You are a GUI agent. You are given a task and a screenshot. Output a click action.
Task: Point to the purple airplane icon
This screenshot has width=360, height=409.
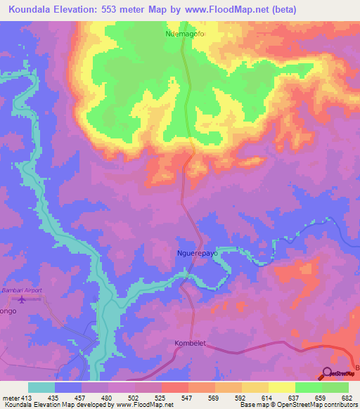click(x=20, y=300)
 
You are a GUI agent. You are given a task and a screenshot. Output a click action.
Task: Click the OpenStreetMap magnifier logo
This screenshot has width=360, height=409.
click(x=328, y=373)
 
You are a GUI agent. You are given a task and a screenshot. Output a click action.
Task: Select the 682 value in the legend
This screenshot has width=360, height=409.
click(x=347, y=397)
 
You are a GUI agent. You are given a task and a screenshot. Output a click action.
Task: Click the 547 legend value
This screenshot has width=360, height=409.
click(x=188, y=397)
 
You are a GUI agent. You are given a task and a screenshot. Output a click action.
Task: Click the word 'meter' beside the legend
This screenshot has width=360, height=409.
click(x=11, y=397)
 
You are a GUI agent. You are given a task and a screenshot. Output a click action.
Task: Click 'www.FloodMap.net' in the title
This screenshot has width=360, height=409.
click(x=227, y=9)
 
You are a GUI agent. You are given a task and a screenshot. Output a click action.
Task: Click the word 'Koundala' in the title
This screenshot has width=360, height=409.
click(x=29, y=9)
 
